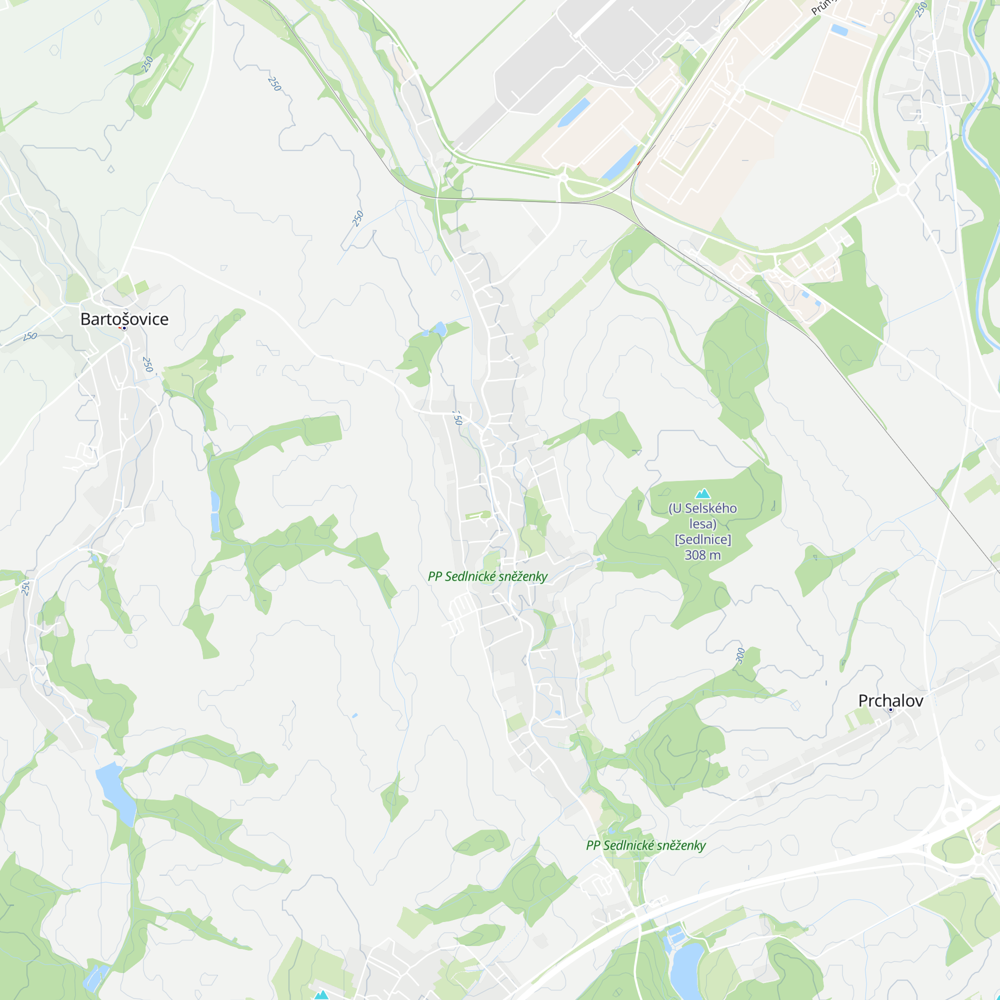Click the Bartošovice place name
click(x=124, y=319)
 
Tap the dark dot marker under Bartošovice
click(x=124, y=328)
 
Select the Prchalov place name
click(x=890, y=701)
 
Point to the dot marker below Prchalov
click(x=890, y=709)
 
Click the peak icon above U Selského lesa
click(x=702, y=493)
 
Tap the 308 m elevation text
click(x=702, y=555)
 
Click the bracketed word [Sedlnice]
click(x=702, y=539)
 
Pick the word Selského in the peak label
click(x=710, y=508)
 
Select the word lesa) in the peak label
click(x=702, y=524)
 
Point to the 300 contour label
click(x=740, y=655)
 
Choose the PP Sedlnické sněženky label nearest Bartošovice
click(x=487, y=576)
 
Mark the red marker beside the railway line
click(x=638, y=163)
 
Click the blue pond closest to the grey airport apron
click(x=573, y=112)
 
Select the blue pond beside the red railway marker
click(x=619, y=162)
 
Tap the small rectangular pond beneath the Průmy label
click(x=839, y=29)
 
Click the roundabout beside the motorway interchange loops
click(x=978, y=859)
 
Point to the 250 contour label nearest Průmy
click(x=921, y=9)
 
